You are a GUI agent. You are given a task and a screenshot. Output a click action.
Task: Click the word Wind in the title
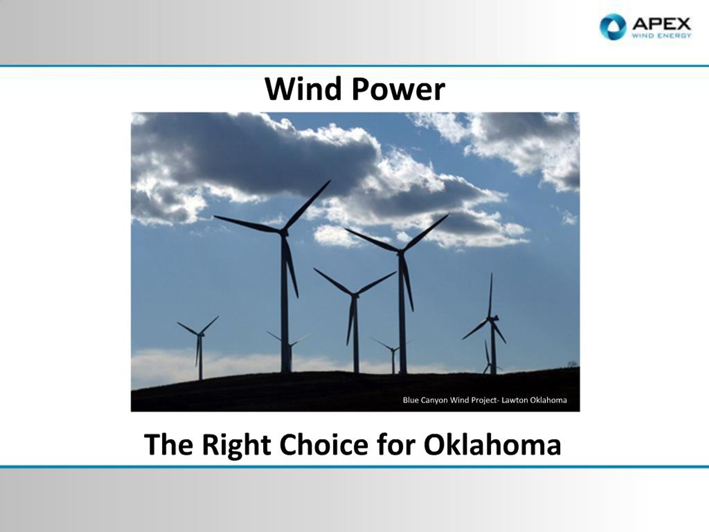(x=303, y=89)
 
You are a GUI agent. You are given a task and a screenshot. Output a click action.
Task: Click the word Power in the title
(x=399, y=89)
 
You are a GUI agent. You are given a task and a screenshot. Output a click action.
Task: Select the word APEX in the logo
(x=661, y=24)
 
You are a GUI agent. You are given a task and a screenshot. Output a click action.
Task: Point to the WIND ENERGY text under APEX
(x=661, y=35)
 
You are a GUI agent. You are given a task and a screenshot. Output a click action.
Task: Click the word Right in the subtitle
(x=237, y=445)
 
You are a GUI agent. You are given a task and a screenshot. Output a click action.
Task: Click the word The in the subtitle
(x=169, y=445)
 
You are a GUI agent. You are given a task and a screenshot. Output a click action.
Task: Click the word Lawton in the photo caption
(x=515, y=400)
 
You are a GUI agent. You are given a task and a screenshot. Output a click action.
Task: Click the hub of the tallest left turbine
(x=283, y=232)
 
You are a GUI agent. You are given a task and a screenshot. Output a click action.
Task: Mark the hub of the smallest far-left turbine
(x=200, y=334)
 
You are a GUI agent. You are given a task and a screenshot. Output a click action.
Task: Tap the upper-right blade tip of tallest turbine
(x=330, y=181)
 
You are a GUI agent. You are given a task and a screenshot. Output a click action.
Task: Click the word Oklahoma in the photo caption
(x=548, y=400)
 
